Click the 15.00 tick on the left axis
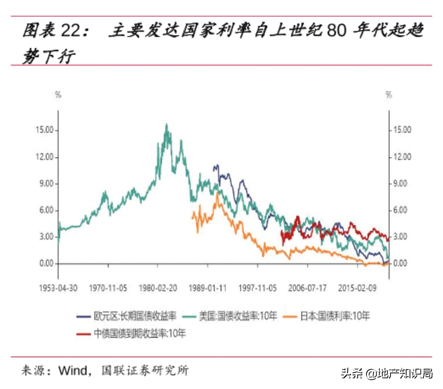click(x=45, y=130)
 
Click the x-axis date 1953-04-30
click(x=58, y=288)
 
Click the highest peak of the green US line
click(x=166, y=124)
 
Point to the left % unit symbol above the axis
click(x=58, y=95)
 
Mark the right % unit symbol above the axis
click(x=389, y=95)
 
